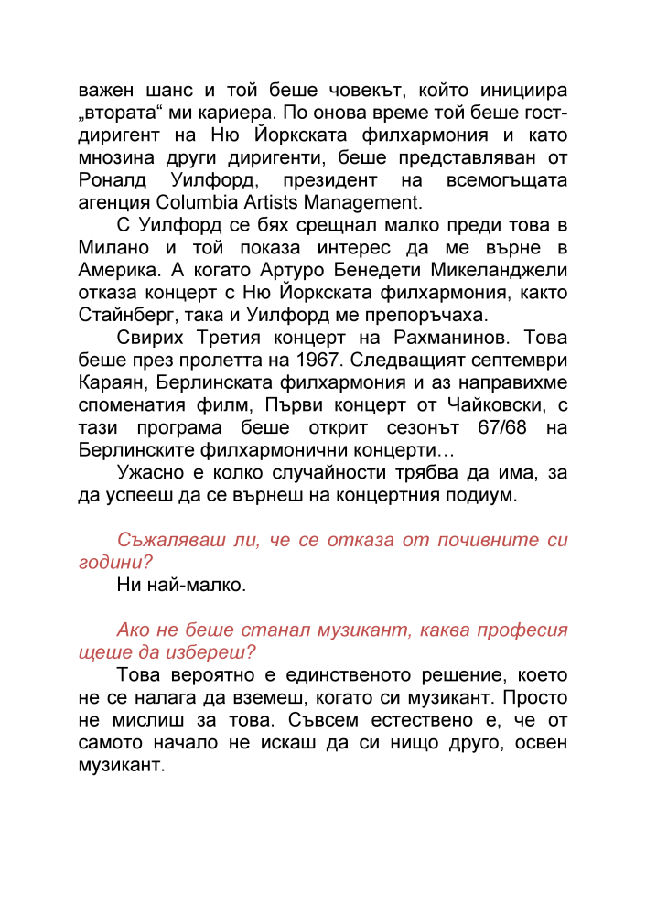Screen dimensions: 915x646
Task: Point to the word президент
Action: point(324,180)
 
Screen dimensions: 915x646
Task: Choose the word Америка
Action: point(118,270)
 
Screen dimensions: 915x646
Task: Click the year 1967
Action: point(305,360)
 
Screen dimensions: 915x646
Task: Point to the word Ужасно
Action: point(153,472)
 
